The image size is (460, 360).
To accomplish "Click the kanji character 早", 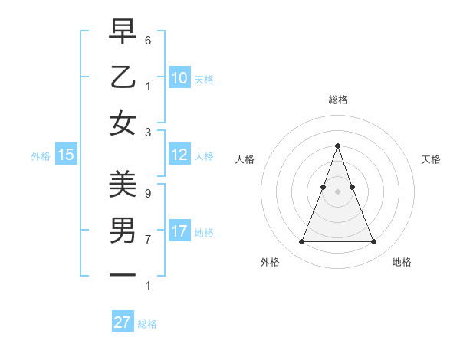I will pos(123,33).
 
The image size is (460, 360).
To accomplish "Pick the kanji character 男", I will pos(123,229).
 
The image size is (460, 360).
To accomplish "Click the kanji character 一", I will pos(123,273).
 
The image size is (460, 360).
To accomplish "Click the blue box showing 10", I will pos(179,77).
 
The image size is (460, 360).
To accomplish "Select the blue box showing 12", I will pos(179,155).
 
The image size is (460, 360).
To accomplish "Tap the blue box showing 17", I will pos(179,231).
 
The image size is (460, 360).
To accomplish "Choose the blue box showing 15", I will pos(66,155).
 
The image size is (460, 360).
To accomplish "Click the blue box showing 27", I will pos(123,322).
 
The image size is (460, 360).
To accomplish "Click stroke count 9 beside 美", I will pos(148,194).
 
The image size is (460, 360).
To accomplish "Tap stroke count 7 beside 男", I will pos(148,240).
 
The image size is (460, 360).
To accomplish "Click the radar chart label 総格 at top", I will pos(337,100).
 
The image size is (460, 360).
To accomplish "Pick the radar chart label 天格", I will pos(431,159).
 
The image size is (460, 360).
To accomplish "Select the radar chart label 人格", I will pos(245,159).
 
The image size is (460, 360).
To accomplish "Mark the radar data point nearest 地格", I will pos(373,242).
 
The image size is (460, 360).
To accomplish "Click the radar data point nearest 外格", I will pos(301,242).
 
